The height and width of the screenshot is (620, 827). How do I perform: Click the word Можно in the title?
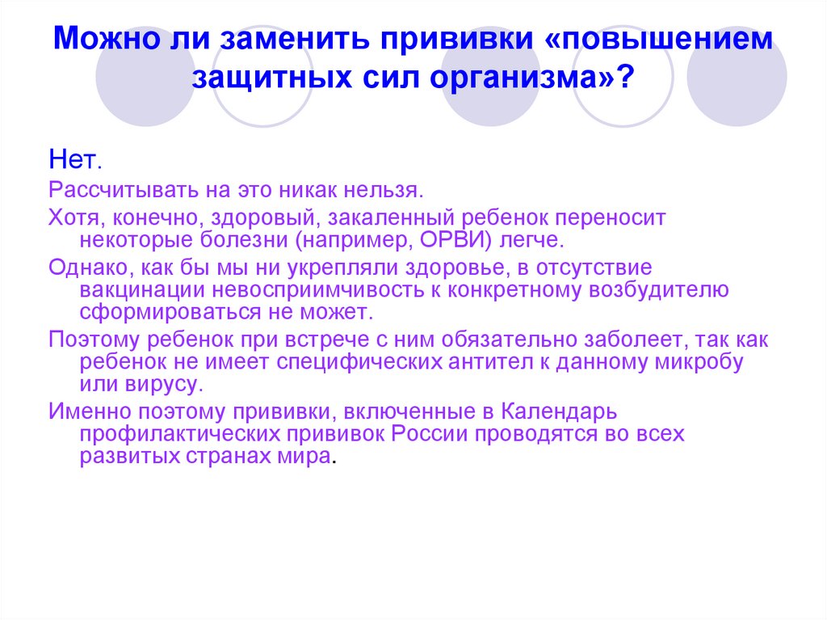[100, 40]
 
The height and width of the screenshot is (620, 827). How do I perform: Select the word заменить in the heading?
[299, 40]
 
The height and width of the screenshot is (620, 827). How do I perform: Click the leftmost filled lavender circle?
[145, 77]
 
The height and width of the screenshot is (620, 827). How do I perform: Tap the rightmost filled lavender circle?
[737, 77]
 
